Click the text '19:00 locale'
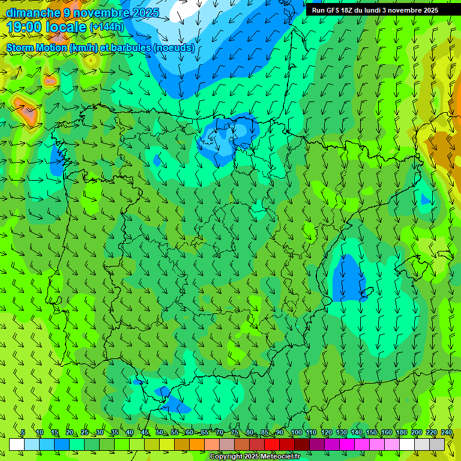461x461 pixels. click(46, 27)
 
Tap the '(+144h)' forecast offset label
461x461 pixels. click(106, 27)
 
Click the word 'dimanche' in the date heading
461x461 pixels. click(33, 13)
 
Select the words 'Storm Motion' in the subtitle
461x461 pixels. click(36, 48)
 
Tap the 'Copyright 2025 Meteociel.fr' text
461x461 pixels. click(255, 457)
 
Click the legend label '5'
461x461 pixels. click(23, 433)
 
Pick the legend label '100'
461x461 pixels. click(297, 433)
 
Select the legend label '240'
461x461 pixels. click(447, 433)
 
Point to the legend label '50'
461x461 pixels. click(159, 433)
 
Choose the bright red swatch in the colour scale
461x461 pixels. click(272, 444)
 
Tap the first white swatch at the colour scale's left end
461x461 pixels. click(17, 444)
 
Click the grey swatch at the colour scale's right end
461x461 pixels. click(437, 444)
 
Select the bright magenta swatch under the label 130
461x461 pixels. click(347, 444)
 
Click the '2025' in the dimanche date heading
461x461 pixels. click(145, 13)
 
